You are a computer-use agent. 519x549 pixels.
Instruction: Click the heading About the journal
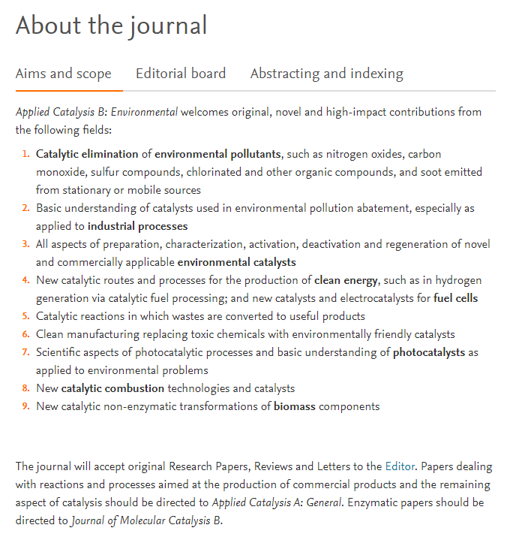pyautogui.click(x=111, y=26)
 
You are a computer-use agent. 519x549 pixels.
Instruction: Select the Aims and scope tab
pyautogui.click(x=64, y=74)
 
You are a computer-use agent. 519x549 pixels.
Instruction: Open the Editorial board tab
pyautogui.click(x=181, y=74)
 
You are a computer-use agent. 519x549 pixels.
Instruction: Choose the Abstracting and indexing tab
pyautogui.click(x=326, y=74)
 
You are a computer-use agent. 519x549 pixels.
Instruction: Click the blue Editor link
pyautogui.click(x=399, y=466)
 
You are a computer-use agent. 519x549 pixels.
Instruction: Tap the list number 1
pyautogui.click(x=25, y=154)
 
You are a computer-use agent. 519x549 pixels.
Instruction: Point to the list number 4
pyautogui.click(x=25, y=280)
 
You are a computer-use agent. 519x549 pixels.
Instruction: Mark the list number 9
pyautogui.click(x=25, y=406)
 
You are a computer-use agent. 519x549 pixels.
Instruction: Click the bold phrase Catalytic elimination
pyautogui.click(x=87, y=154)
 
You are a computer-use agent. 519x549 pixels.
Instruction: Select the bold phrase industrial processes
pyautogui.click(x=137, y=226)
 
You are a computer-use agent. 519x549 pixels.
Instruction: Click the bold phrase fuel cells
pyautogui.click(x=455, y=298)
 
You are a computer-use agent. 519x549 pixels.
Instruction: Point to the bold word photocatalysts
pyautogui.click(x=428, y=352)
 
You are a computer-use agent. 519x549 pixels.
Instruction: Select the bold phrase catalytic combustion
pyautogui.click(x=112, y=388)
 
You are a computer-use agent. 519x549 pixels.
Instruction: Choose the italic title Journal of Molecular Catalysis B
pyautogui.click(x=146, y=520)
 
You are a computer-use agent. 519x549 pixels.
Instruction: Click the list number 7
pyautogui.click(x=25, y=352)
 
